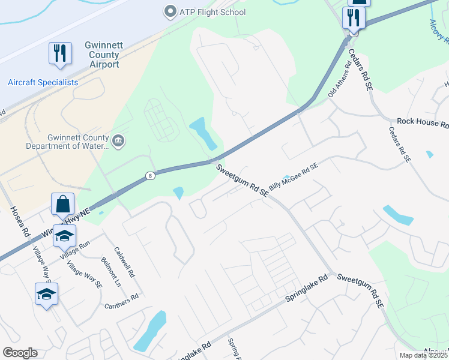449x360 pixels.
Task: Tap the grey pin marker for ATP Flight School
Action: click(x=170, y=12)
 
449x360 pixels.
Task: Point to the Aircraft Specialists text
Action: click(x=43, y=82)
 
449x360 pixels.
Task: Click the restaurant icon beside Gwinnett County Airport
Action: click(x=60, y=53)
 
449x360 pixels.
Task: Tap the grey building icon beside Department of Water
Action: click(x=119, y=141)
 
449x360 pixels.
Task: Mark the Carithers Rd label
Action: click(x=122, y=297)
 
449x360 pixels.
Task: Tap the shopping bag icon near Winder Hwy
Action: click(x=62, y=205)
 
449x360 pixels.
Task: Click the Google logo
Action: click(x=20, y=353)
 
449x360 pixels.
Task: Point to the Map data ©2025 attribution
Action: click(x=423, y=355)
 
